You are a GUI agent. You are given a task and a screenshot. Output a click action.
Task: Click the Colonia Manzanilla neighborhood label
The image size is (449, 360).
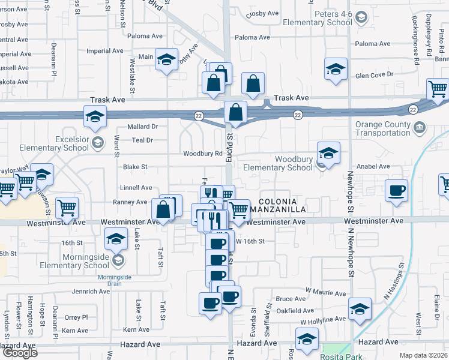pyautogui.click(x=282, y=205)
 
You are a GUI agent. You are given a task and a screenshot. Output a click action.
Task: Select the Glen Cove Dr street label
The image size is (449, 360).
pyautogui.click(x=373, y=74)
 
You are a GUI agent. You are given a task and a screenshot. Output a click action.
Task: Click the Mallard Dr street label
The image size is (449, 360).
pyautogui.click(x=142, y=127)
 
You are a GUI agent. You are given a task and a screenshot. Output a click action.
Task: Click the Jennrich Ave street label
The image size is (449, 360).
pyautogui.click(x=91, y=292)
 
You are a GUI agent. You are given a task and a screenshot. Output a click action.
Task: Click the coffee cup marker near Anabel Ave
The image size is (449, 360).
pyautogui.click(x=396, y=191)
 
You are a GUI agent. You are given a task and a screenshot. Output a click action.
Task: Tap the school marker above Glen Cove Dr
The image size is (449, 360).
pyautogui.click(x=336, y=68)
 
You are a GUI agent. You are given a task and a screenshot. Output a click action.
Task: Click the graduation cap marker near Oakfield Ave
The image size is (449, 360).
pyautogui.click(x=360, y=309)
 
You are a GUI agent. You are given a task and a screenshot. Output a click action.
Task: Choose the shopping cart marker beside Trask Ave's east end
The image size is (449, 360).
pyautogui.click(x=438, y=89)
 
